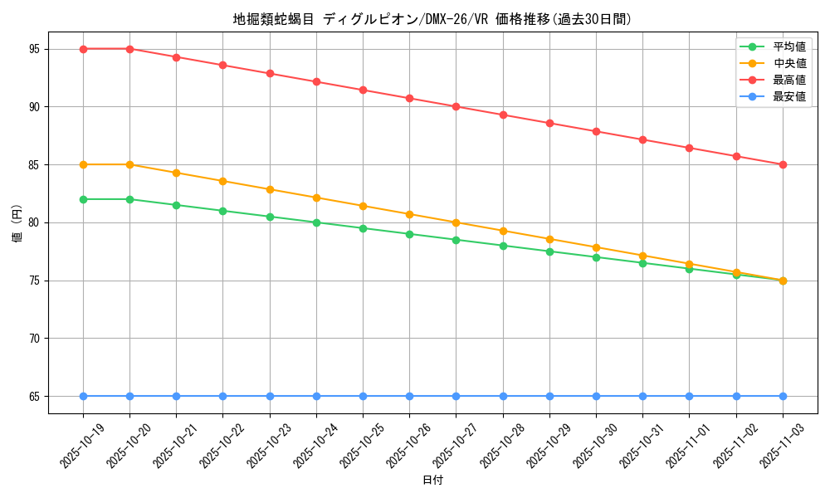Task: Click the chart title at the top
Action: pyautogui.click(x=432, y=19)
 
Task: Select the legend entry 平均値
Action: pyautogui.click(x=788, y=46)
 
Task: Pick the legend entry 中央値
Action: pyautogui.click(x=788, y=63)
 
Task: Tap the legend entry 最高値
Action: pyautogui.click(x=788, y=80)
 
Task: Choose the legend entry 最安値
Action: pyautogui.click(x=788, y=96)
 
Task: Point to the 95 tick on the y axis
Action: pyautogui.click(x=34, y=49)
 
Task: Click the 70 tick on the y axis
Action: pyautogui.click(x=34, y=339)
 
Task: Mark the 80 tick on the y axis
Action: pyautogui.click(x=34, y=222)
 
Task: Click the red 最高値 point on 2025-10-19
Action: pyautogui.click(x=83, y=49)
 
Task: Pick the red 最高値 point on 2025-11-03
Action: pyautogui.click(x=783, y=164)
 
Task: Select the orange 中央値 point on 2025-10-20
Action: pyautogui.click(x=129, y=164)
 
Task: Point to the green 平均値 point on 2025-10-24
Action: pyautogui.click(x=316, y=222)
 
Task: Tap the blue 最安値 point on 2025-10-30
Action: pyautogui.click(x=596, y=396)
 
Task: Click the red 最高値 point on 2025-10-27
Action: pyautogui.click(x=456, y=107)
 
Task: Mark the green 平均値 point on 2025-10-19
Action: pyautogui.click(x=83, y=199)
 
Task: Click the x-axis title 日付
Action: pyautogui.click(x=432, y=481)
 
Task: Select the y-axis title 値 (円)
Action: pyautogui.click(x=17, y=222)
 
